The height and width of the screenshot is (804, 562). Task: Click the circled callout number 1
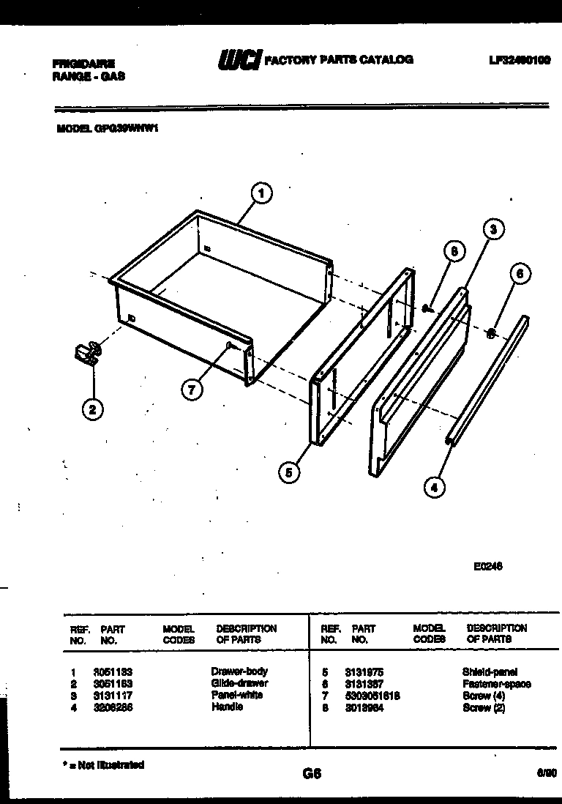[x=261, y=194]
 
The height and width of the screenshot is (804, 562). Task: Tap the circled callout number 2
[x=91, y=409]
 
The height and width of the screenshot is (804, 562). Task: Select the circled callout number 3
[x=494, y=229]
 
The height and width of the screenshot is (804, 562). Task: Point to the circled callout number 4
[x=435, y=487]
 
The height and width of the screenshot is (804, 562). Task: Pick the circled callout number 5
[x=289, y=474]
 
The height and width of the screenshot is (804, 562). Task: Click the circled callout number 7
[x=191, y=390]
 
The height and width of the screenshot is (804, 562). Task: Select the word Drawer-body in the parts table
[x=239, y=671]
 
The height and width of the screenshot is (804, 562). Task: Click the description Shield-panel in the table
[x=490, y=671]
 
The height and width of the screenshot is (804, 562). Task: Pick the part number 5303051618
[x=372, y=696]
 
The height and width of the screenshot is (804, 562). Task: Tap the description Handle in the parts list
[x=227, y=707]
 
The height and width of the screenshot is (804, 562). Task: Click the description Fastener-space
[x=496, y=684]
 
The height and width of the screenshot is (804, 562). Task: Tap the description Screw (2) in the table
[x=483, y=708]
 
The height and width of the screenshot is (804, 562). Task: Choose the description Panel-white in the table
[x=236, y=695]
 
